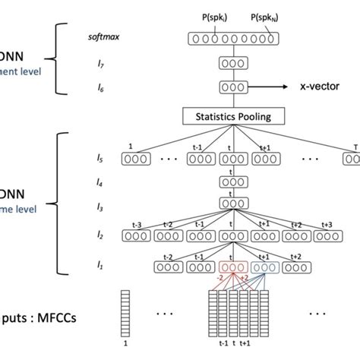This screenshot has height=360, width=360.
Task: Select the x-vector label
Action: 313,87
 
